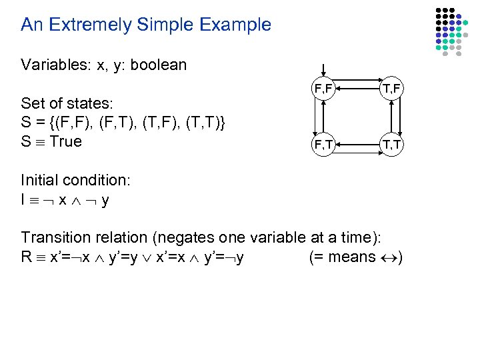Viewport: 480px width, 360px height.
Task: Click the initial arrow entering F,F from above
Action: [323, 69]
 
